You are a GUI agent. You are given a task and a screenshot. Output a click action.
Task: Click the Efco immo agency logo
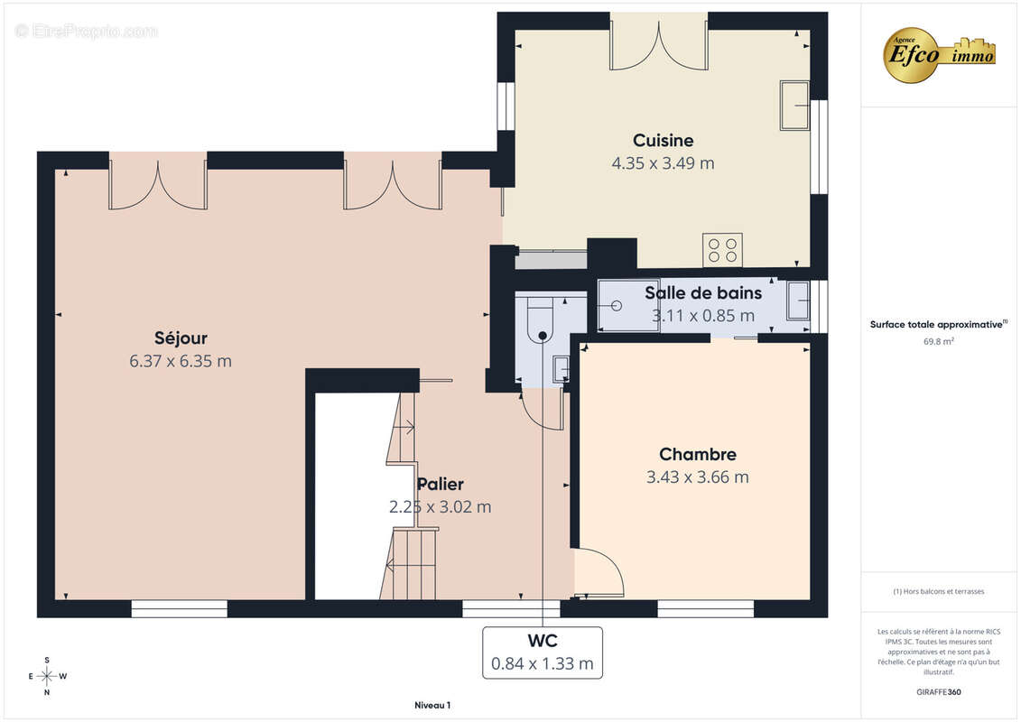pos(939,53)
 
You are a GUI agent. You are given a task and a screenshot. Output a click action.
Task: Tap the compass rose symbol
pos(47,675)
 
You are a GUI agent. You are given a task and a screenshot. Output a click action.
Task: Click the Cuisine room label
pos(663,140)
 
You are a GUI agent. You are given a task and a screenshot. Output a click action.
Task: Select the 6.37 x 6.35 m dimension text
pos(181,361)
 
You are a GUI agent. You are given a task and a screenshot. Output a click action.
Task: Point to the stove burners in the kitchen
pos(722,249)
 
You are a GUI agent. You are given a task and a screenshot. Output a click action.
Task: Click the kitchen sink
pos(794,105)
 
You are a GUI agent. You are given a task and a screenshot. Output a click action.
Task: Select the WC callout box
pos(542,653)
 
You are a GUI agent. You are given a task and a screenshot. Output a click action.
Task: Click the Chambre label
pos(697,455)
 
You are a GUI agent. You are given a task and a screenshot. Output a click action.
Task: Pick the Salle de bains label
pos(702,292)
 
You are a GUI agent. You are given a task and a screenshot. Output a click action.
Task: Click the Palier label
pos(440,485)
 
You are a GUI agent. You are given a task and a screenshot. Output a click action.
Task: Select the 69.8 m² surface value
pos(939,342)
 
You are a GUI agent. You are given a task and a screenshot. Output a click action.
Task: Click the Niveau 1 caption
pos(432,705)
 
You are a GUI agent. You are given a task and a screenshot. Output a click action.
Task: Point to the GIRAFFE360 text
pos(939,692)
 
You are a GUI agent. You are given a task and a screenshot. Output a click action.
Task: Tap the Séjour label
pos(181,338)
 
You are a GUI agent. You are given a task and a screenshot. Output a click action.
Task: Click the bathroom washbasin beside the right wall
pos(797,301)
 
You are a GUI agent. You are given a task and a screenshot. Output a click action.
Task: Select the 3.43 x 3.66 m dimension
pos(697,477)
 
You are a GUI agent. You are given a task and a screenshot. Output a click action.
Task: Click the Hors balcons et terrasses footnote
pos(939,591)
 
